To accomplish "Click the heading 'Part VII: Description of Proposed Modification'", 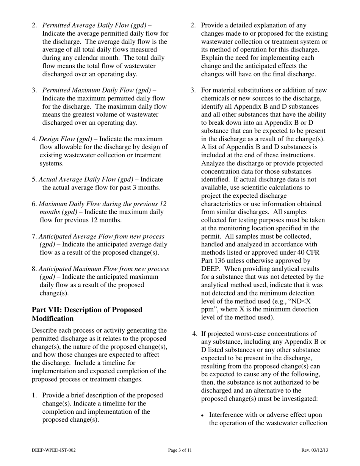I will (x=87, y=314).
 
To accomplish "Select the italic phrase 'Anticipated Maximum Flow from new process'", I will (x=104, y=269).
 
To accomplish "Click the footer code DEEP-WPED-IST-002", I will (x=54, y=450).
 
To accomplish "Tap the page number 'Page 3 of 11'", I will (x=180, y=450).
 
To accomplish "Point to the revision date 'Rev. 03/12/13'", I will (x=314, y=450).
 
